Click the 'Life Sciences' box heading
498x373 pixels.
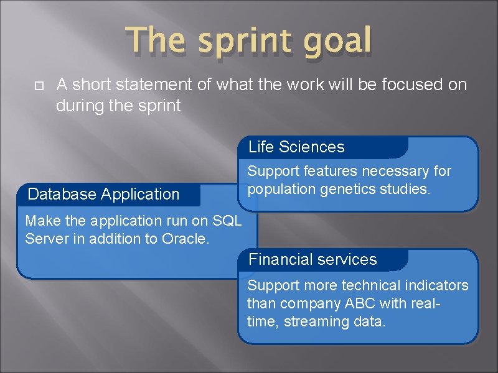point(296,147)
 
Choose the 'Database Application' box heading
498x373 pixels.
point(104,195)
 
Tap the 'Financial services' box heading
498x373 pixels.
point(312,260)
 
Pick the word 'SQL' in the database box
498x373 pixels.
point(227,221)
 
